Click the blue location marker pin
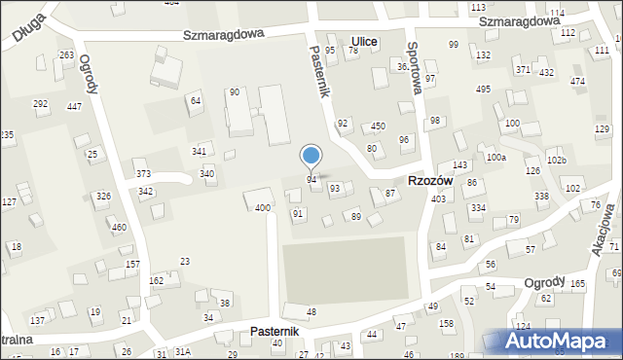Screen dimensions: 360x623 [x=311, y=157]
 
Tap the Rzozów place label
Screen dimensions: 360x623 [x=428, y=180]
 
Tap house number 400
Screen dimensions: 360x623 [x=262, y=208]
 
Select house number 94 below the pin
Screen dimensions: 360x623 [x=311, y=180]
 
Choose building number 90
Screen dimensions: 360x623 [x=235, y=92]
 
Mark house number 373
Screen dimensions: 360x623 [x=143, y=174]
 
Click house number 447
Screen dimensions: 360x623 [x=74, y=106]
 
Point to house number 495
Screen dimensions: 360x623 [x=483, y=90]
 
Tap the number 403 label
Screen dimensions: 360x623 [x=438, y=198]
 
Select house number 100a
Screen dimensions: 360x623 [x=496, y=158]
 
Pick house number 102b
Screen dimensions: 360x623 [x=556, y=160]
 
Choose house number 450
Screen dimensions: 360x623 [x=378, y=126]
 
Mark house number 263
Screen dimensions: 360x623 [x=66, y=55]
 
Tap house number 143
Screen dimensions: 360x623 [x=460, y=165]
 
